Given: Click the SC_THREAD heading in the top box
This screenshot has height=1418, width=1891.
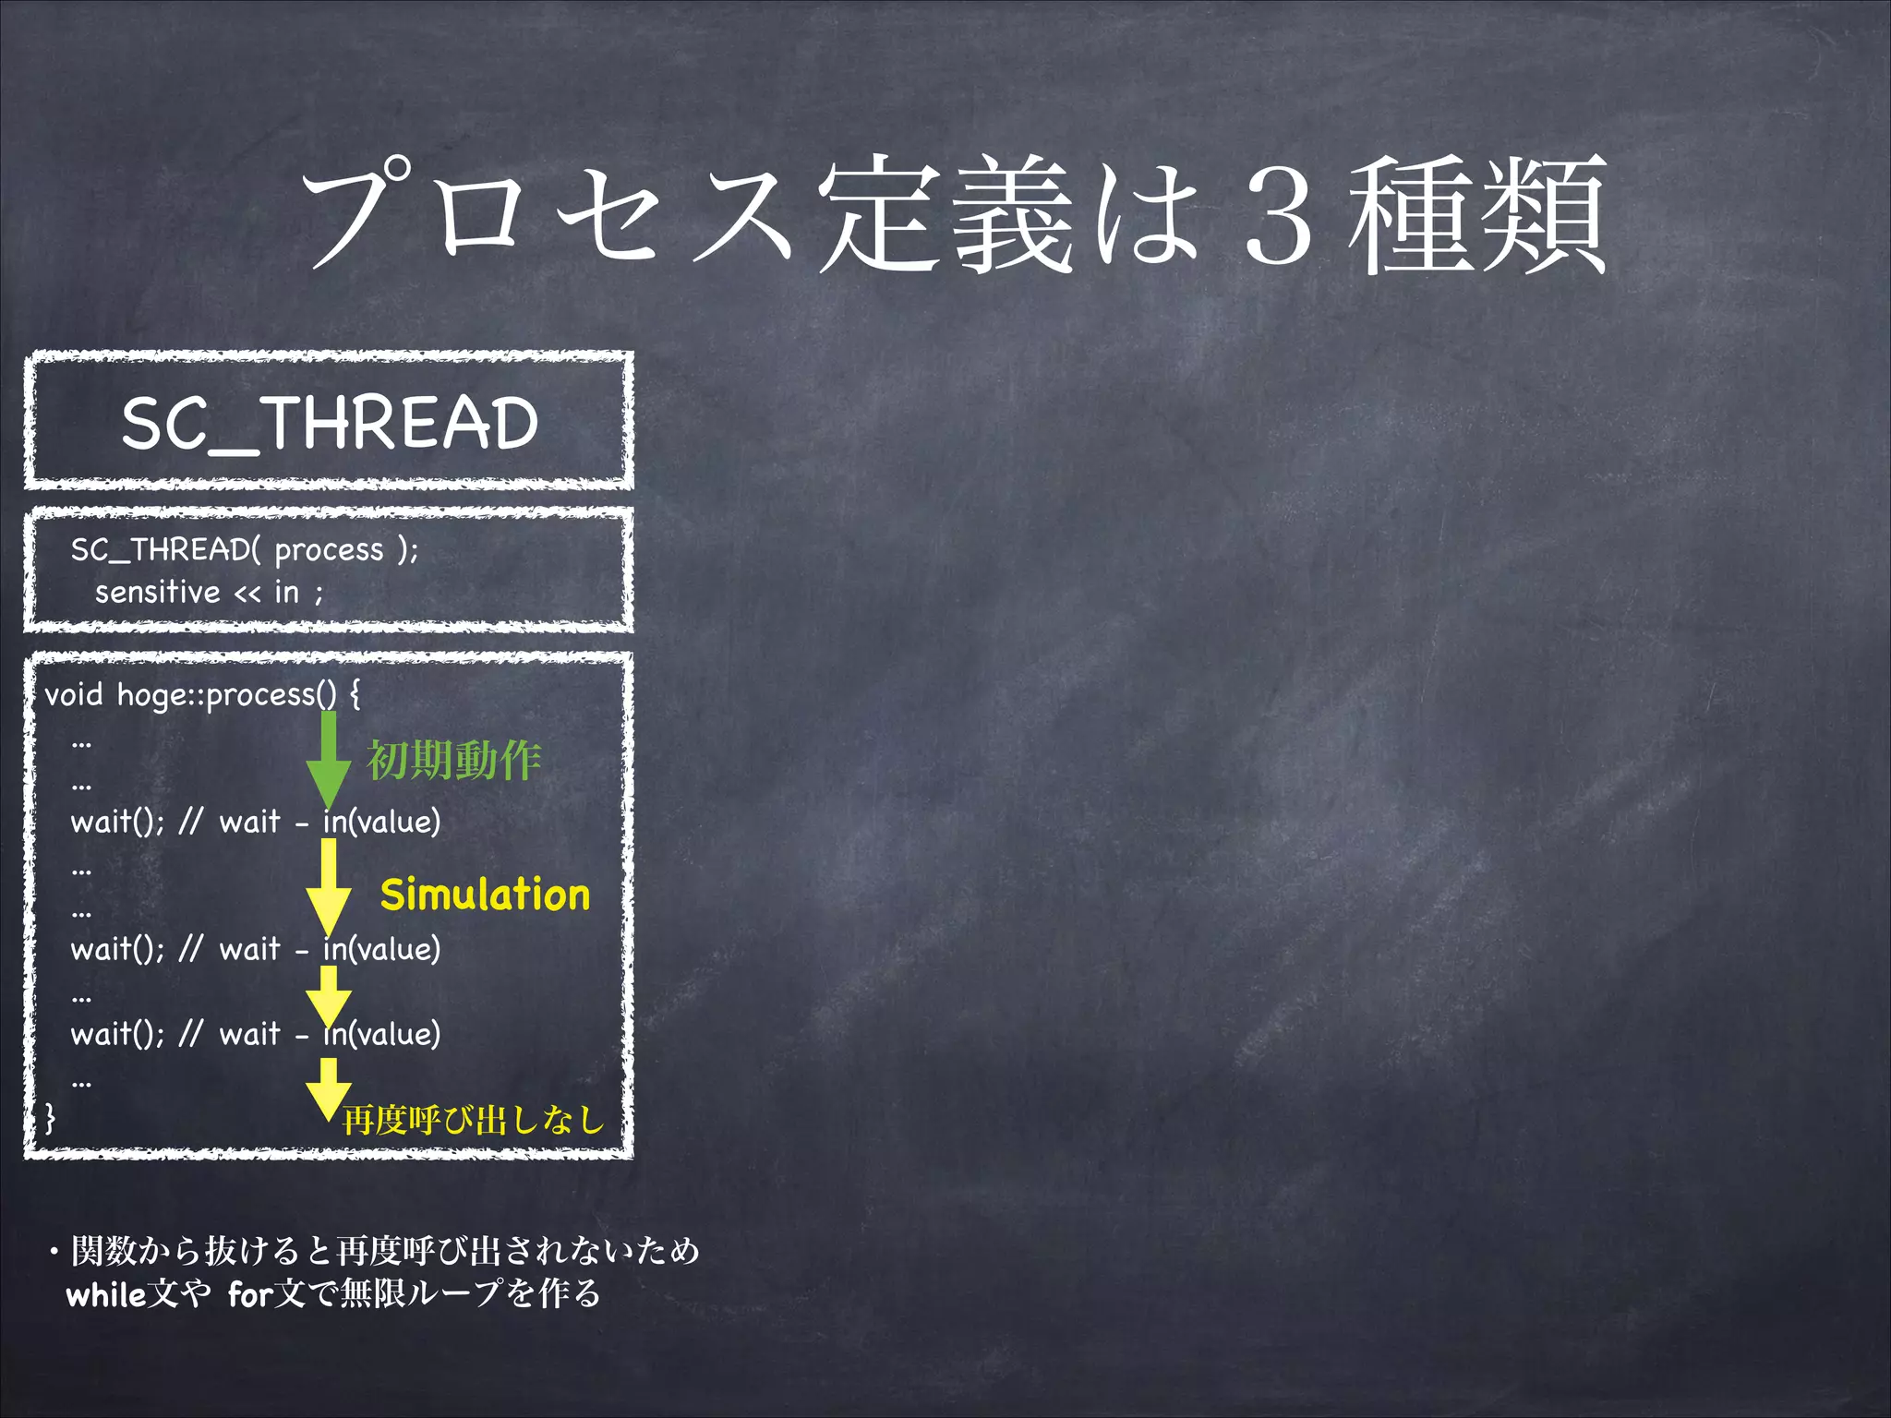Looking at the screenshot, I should (x=330, y=424).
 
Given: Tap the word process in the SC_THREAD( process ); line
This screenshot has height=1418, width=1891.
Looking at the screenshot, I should (x=329, y=550).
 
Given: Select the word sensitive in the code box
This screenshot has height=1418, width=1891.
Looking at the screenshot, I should (x=157, y=592).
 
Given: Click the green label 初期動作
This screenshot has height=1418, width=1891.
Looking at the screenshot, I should (x=453, y=761).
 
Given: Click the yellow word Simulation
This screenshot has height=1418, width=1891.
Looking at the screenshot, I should (x=485, y=895).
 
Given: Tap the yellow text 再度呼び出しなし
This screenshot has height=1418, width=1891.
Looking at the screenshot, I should (x=473, y=1120).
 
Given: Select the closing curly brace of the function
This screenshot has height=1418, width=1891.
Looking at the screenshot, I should (x=50, y=1118).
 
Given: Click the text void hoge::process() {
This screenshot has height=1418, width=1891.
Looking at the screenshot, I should (x=202, y=694).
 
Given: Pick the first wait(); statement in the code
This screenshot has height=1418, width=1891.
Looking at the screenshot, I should (x=117, y=822).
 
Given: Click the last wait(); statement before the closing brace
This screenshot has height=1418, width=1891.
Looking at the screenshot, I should (x=117, y=1034).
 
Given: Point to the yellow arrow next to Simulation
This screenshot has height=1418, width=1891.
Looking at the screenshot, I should (x=328, y=886).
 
